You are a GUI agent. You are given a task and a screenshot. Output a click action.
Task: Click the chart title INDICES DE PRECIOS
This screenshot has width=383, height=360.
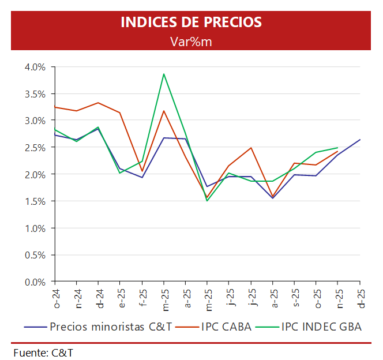191,22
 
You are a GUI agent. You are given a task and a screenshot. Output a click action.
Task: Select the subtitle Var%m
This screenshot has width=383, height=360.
191,41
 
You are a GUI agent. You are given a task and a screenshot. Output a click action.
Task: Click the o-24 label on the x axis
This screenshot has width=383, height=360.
55,295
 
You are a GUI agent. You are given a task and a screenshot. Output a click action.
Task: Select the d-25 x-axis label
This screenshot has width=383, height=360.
360,295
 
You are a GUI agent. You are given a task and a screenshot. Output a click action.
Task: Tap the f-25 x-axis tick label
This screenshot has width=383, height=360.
142,295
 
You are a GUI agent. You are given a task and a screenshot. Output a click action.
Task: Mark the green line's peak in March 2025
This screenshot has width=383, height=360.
164,74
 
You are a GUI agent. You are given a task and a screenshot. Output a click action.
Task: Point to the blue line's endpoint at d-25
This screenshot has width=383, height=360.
360,140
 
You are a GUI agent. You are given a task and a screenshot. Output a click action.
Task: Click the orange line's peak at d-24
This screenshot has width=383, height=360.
99,103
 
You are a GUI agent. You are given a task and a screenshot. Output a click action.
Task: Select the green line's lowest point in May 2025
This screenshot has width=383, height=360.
207,201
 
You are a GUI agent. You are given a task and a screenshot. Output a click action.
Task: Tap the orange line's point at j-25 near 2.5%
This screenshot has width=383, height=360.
251,148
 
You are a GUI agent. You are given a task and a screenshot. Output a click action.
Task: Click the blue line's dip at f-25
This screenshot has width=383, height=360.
142,177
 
